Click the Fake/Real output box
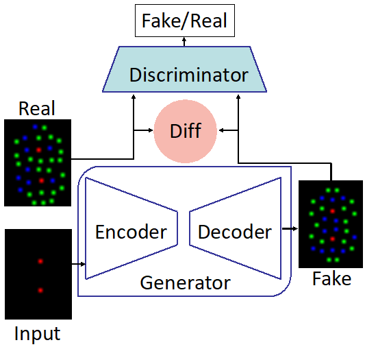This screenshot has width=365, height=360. pos(185,21)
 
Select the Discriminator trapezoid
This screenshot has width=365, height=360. pos(185,69)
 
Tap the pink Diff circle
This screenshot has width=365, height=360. pos(186,131)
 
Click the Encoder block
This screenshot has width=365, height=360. pos(131,228)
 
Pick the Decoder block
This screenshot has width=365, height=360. pos(236,228)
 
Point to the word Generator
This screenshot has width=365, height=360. pos(186,283)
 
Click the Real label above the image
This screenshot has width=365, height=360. pos(37,108)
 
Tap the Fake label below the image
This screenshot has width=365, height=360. pos(331,278)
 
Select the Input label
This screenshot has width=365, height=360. pos(37,334)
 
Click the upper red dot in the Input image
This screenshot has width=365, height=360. pos(40,261)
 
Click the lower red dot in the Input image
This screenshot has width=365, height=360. pos(40,290)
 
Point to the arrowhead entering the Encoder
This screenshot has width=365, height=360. pos(83,264)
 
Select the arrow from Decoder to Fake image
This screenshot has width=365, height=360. pos(290,229)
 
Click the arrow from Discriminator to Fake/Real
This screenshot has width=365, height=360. pos(184,42)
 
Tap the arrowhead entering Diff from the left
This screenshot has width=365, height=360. pos(151,130)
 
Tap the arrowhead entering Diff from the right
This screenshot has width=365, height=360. pos(221,130)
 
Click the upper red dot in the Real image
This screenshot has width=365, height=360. pos(38,150)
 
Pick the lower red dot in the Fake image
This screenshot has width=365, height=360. pos(332,239)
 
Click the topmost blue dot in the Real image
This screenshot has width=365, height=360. pos(35,127)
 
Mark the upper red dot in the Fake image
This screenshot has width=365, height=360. pos(332,211)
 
